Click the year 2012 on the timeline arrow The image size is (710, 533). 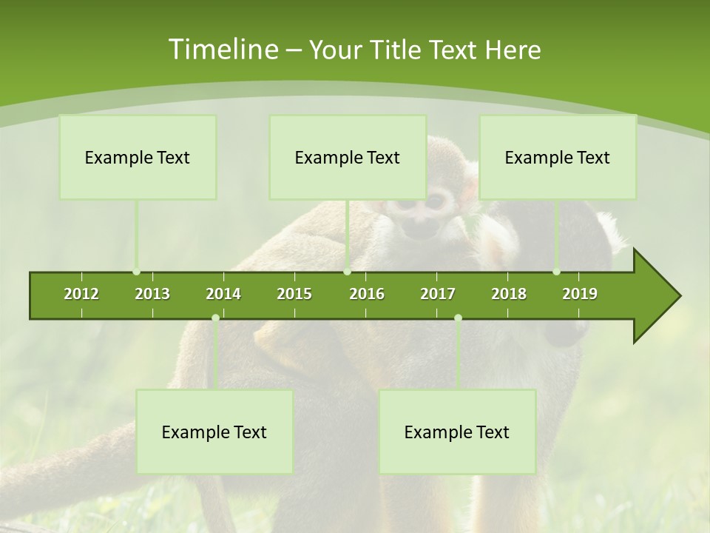[x=81, y=294]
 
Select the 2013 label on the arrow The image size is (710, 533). [x=152, y=294]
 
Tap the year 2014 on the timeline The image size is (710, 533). [x=223, y=294]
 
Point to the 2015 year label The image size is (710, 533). [x=294, y=294]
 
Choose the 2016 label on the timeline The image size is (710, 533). [x=367, y=294]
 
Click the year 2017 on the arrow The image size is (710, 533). [x=438, y=294]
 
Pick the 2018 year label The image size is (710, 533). [x=509, y=294]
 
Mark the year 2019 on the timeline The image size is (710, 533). [x=580, y=294]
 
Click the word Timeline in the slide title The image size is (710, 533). [x=222, y=50]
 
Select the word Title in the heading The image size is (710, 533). [x=397, y=50]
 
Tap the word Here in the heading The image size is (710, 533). [x=513, y=50]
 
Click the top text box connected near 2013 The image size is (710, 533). [x=138, y=158]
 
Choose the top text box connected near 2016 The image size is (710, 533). [x=348, y=158]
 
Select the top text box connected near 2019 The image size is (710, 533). [x=558, y=158]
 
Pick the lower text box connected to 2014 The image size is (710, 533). [x=214, y=432]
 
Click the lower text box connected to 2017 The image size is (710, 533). [x=457, y=432]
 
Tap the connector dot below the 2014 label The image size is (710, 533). [x=215, y=318]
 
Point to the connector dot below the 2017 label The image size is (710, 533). [x=458, y=318]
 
